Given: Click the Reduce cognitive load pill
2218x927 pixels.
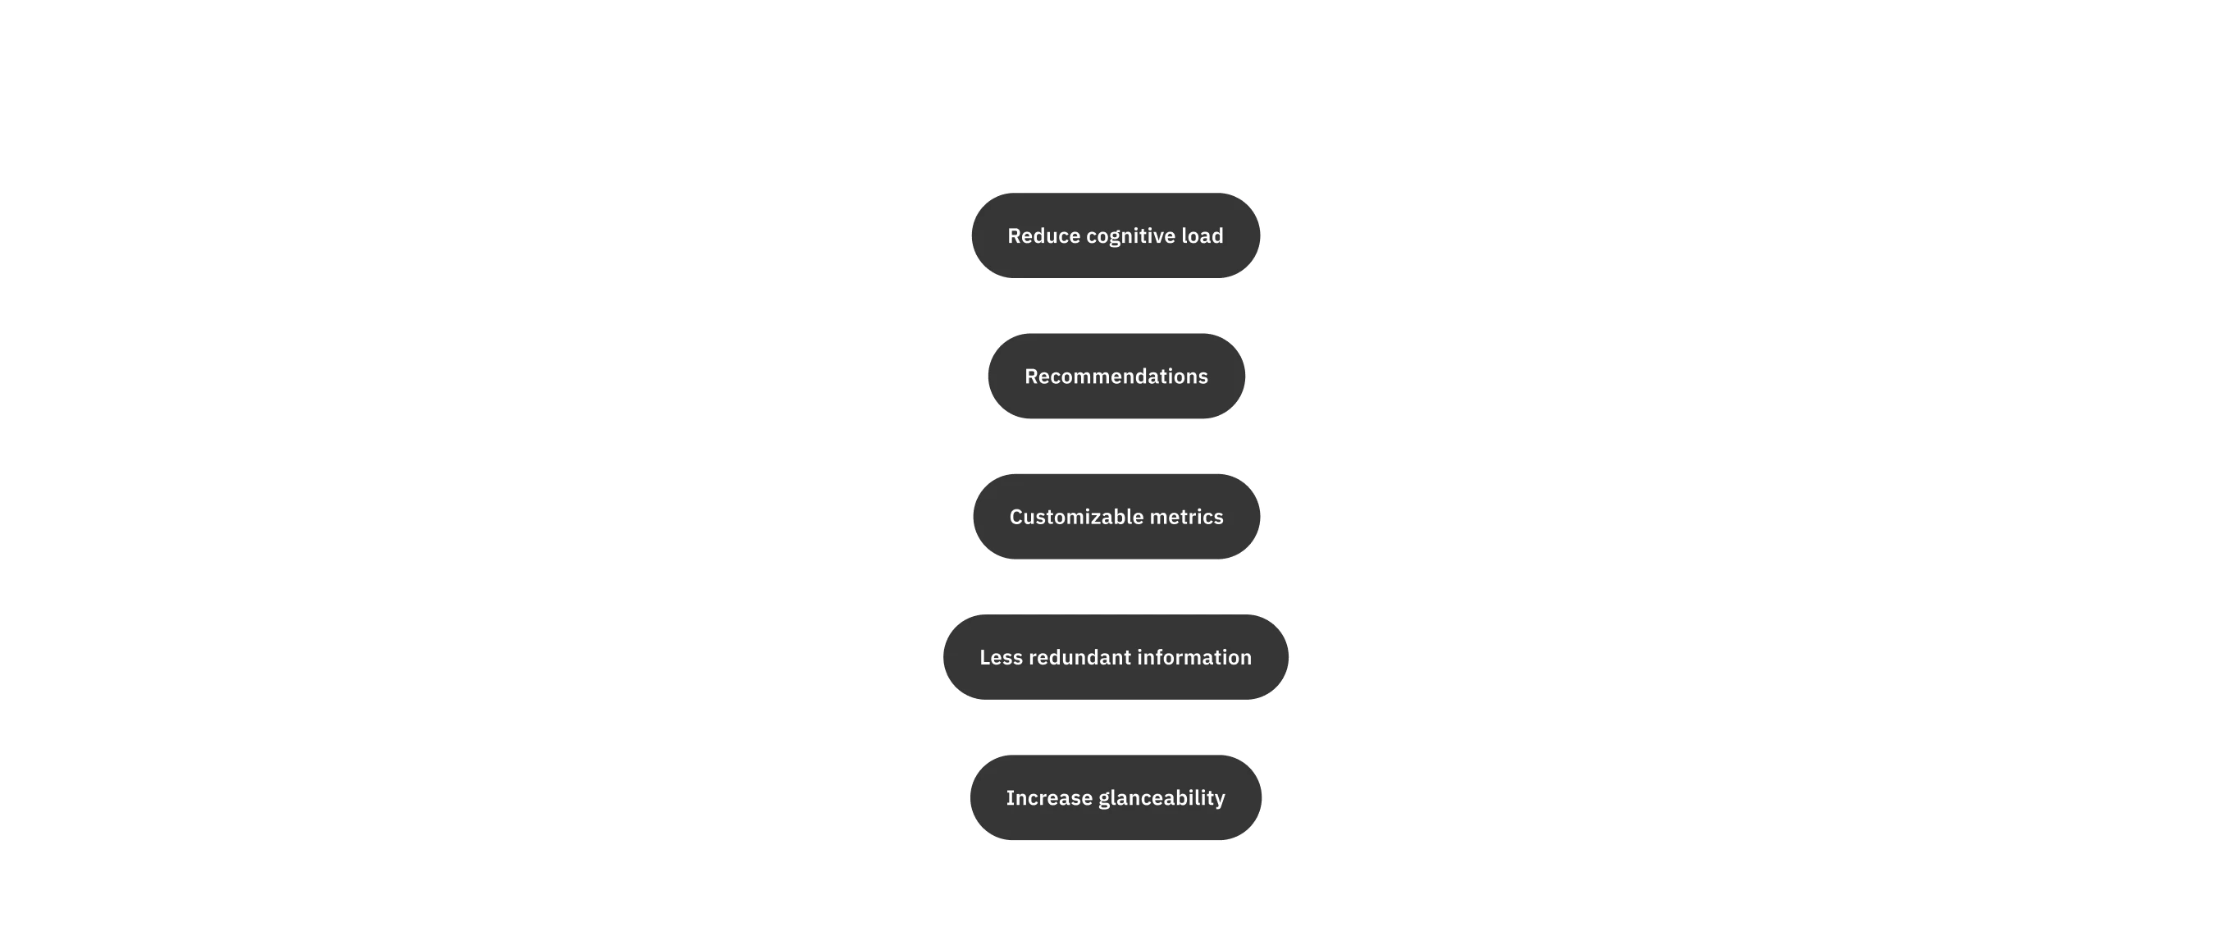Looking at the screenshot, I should pyautogui.click(x=1115, y=235).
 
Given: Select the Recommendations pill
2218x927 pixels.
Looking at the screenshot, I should pyautogui.click(x=1116, y=377).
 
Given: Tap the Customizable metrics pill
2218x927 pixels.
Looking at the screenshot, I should pyautogui.click(x=1116, y=517).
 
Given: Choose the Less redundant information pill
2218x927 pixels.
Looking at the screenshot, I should pyautogui.click(x=1115, y=657).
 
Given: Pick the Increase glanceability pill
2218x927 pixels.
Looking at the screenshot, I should pyautogui.click(x=1115, y=798).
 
